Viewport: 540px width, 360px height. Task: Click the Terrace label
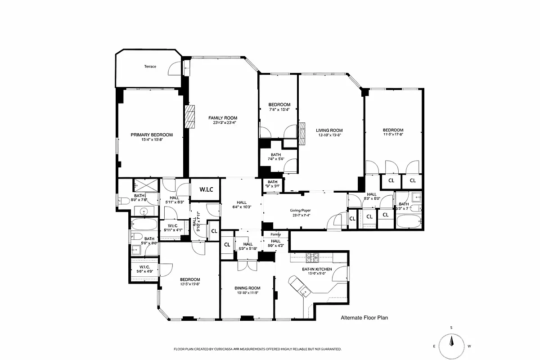[150, 67]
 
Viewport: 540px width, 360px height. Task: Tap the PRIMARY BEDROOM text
[152, 135]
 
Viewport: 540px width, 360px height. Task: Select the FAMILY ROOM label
[222, 118]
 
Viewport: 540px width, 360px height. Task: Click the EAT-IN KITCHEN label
[317, 269]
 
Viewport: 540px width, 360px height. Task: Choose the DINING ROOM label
[247, 288]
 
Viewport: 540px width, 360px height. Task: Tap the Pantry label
[275, 234]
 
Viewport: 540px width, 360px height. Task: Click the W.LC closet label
[205, 190]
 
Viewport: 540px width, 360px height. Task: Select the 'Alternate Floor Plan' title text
[364, 318]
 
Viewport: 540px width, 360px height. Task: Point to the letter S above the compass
[451, 328]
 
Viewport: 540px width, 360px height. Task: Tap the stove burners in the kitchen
[312, 258]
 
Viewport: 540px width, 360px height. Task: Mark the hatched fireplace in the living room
[302, 134]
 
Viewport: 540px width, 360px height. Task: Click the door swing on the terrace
[173, 69]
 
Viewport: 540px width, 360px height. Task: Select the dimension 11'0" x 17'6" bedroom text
[393, 134]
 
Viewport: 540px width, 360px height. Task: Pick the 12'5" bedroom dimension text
[189, 284]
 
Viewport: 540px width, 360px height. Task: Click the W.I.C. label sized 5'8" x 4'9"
[144, 269]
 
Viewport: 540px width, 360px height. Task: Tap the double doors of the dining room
[247, 265]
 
